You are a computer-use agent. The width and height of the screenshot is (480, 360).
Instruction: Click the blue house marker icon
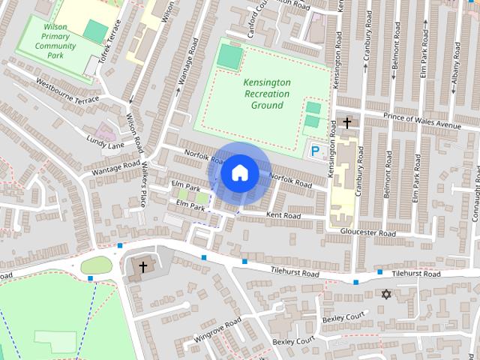pyautogui.click(x=239, y=172)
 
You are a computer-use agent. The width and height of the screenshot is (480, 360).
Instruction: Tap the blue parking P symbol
pyautogui.click(x=315, y=151)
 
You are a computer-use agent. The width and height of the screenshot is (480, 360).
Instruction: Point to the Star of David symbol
pyautogui.click(x=386, y=294)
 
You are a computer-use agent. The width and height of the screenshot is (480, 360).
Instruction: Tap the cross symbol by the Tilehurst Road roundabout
pyautogui.click(x=142, y=266)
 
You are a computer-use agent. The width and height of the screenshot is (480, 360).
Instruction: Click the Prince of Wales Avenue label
pyautogui.click(x=421, y=120)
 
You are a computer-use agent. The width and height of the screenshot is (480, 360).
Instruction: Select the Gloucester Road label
pyautogui.click(x=367, y=233)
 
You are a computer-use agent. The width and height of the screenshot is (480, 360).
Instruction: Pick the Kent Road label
pyautogui.click(x=283, y=216)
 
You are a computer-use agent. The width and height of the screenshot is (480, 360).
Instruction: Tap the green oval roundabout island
pyautogui.click(x=96, y=265)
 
